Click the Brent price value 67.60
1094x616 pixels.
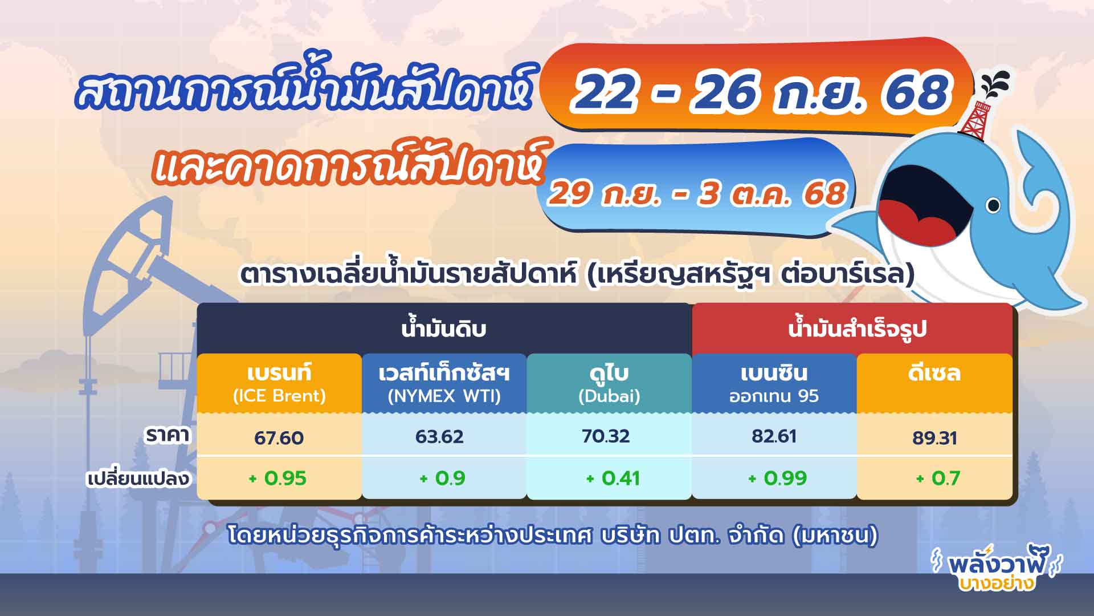279,437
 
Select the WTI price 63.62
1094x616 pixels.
439,437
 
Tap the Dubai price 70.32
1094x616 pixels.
606,436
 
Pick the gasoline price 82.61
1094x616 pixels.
774,436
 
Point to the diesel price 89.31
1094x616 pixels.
934,437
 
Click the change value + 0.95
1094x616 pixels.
278,478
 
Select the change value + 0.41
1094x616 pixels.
613,478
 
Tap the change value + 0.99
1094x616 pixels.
777,478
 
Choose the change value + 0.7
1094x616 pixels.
938,478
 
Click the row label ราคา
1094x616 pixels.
168,436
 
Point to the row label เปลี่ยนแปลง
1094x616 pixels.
138,478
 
